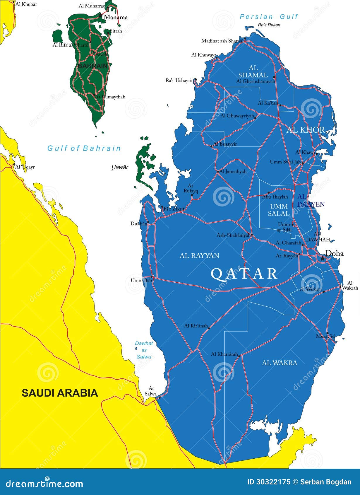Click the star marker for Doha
pyautogui.click(x=322, y=259)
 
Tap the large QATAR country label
pyautogui.click(x=244, y=274)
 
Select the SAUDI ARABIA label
pyautogui.click(x=60, y=393)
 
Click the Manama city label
pyautogui.click(x=116, y=17)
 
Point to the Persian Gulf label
pyautogui.click(x=268, y=17)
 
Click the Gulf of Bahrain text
pyautogui.click(x=84, y=148)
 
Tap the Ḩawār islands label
pyautogui.click(x=120, y=167)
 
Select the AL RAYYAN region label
pyautogui.click(x=199, y=256)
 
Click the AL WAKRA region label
pyautogui.click(x=279, y=363)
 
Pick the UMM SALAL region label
pyautogui.click(x=279, y=210)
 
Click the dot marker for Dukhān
pyautogui.click(x=148, y=222)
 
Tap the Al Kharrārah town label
pyautogui.click(x=224, y=354)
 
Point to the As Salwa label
pyautogui.click(x=151, y=391)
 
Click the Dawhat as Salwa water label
pyautogui.click(x=144, y=350)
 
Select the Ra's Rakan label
pyautogui.click(x=269, y=25)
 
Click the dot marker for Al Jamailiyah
pyautogui.click(x=218, y=172)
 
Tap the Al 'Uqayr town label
pyautogui.click(x=25, y=167)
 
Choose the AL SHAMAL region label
pyautogui.click(x=253, y=71)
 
